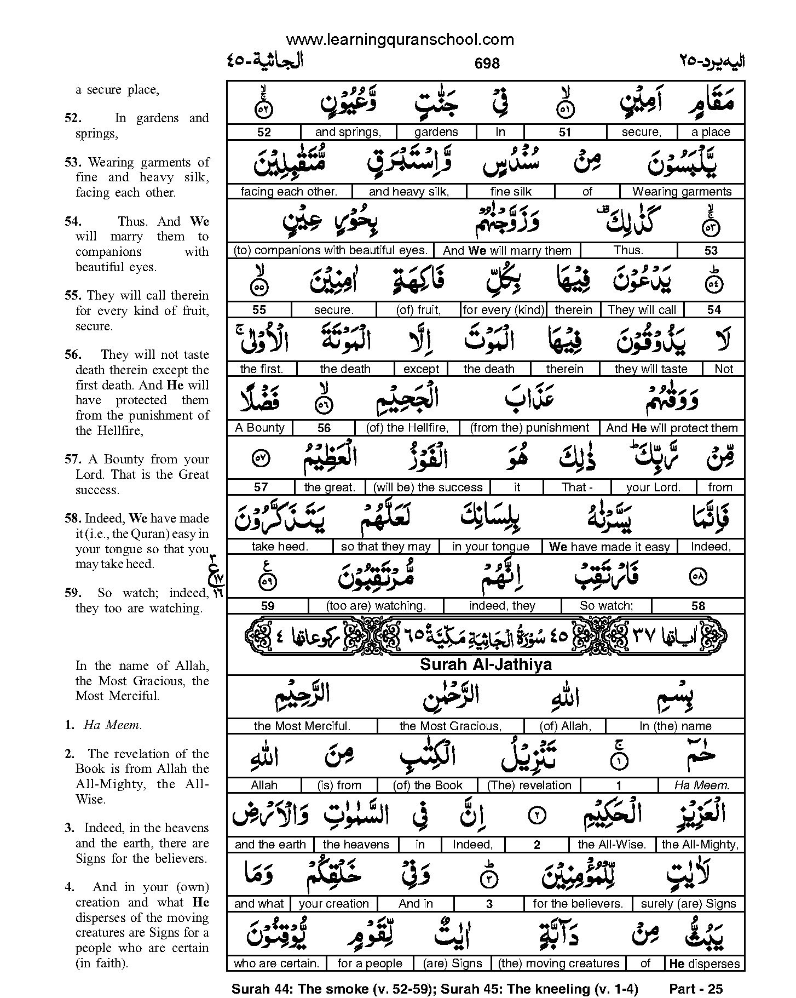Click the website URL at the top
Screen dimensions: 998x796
click(400, 39)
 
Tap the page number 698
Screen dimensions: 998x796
click(487, 64)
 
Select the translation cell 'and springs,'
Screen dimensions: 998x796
click(348, 132)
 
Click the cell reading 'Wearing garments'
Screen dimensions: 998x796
click(682, 191)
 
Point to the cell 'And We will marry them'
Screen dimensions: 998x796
click(507, 251)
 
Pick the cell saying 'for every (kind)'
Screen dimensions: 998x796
click(504, 310)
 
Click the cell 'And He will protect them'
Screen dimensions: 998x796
click(672, 428)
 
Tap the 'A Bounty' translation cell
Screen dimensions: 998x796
click(259, 428)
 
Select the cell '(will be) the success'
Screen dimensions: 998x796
click(428, 487)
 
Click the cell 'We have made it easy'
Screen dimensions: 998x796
click(609, 547)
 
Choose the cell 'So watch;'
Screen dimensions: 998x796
click(606, 606)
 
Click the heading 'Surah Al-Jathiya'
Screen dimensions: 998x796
click(486, 665)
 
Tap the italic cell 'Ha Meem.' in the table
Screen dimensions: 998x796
click(702, 785)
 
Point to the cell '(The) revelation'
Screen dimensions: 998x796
click(529, 785)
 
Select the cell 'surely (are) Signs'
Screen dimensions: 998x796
click(688, 904)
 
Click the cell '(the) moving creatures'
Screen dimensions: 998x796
click(558, 963)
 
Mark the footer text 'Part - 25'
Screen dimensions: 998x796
click(696, 989)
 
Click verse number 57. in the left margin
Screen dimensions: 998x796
click(72, 460)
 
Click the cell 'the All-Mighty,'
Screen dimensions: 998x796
click(700, 845)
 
